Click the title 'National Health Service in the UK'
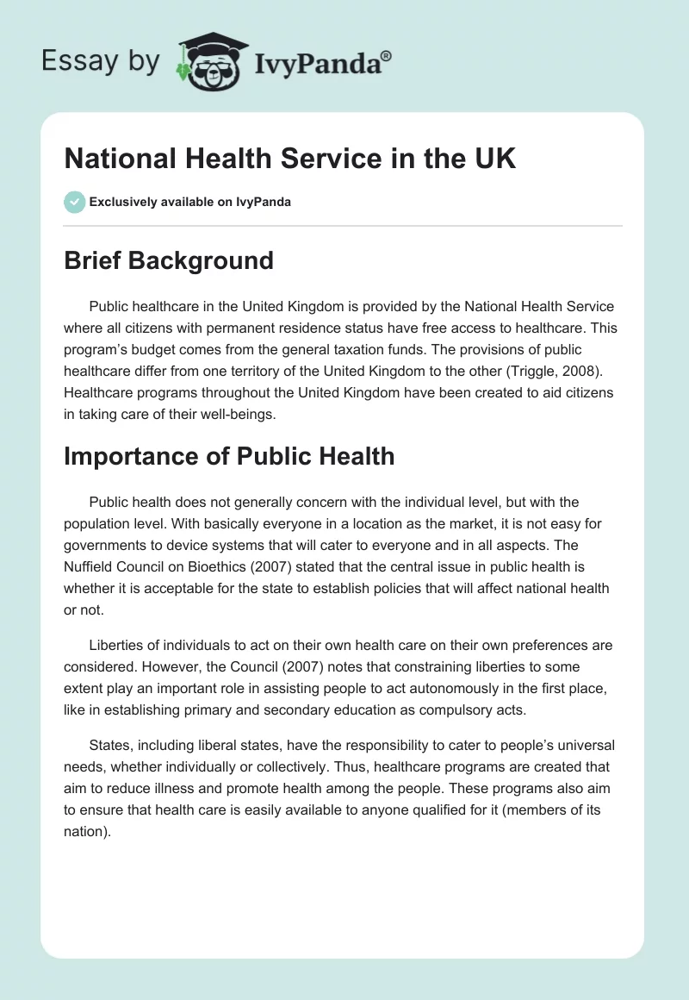pyautogui.click(x=289, y=159)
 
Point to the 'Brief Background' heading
pyautogui.click(x=168, y=260)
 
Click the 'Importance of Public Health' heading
pyautogui.click(x=229, y=456)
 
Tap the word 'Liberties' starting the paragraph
pyautogui.click(x=116, y=646)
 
